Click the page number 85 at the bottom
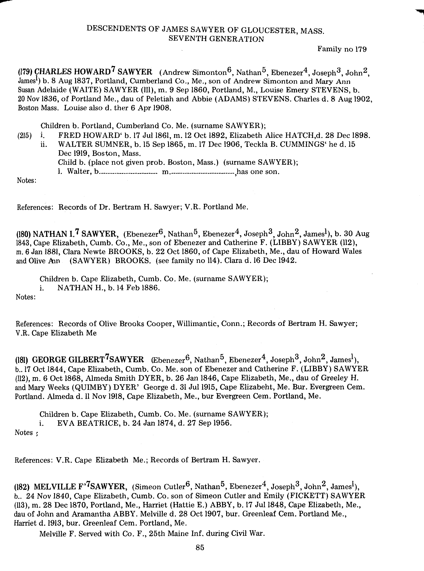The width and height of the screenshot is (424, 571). [200, 548]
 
